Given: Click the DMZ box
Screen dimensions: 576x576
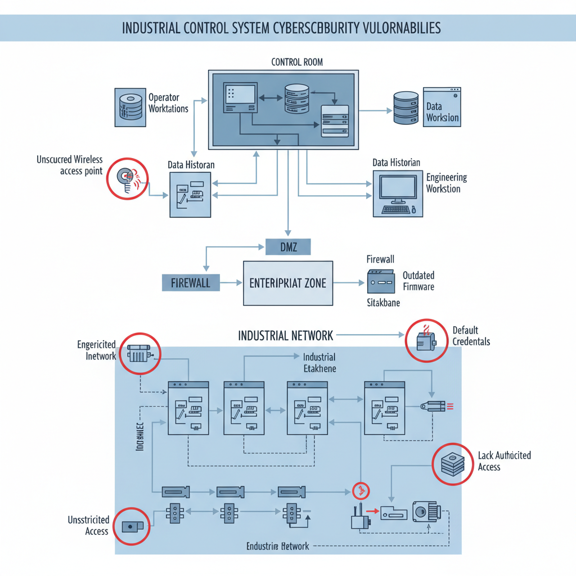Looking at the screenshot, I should tap(287, 245).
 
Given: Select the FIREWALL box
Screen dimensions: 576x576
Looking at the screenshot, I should tap(190, 282).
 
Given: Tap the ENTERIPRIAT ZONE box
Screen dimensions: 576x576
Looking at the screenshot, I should tap(287, 283).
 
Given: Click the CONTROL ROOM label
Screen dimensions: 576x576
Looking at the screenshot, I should tap(297, 62).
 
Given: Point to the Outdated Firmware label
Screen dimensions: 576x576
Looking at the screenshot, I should tap(418, 281).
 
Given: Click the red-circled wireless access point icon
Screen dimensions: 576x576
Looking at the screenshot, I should tap(128, 178).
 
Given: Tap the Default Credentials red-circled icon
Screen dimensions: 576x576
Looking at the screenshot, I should tap(426, 340).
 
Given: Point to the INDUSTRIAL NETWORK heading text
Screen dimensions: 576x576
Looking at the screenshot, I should tap(286, 336).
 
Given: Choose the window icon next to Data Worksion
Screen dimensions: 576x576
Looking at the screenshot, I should tap(442, 106).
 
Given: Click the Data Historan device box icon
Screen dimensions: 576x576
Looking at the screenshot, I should tap(191, 195).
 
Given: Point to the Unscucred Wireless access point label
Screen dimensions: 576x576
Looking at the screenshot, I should tap(70, 165).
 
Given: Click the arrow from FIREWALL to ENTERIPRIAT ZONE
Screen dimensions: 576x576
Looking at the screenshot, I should tap(231, 283).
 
